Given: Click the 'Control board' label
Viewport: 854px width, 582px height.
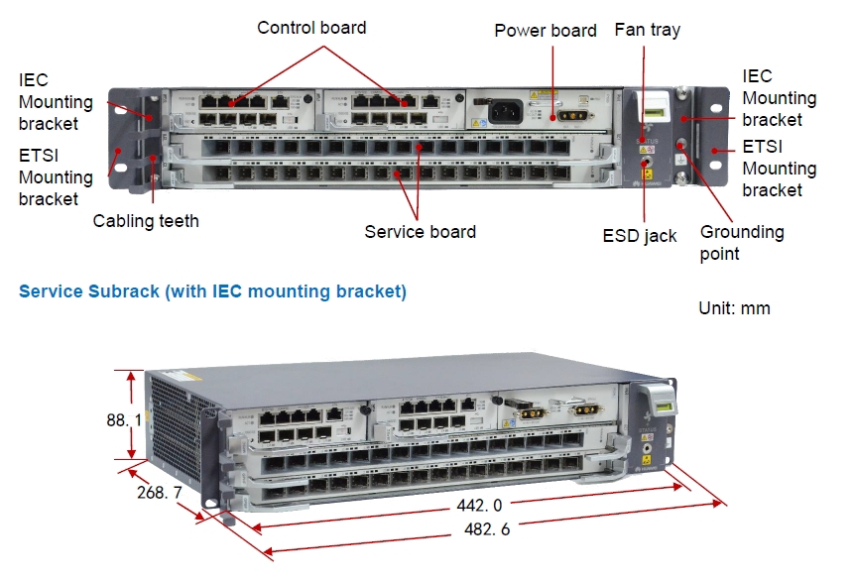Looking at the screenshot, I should [x=311, y=28].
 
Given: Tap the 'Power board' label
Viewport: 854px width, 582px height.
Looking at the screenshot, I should [x=546, y=31].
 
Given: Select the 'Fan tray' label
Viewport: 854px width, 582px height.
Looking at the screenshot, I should [x=648, y=30].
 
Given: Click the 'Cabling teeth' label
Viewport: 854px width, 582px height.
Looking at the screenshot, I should [x=146, y=221].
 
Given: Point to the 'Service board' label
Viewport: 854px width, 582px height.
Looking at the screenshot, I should [x=420, y=232].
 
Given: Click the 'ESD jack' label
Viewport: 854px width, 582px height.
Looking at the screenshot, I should [x=640, y=236].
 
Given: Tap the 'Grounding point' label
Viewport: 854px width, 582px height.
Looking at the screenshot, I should [x=742, y=243].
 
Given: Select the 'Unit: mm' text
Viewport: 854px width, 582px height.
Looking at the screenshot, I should [x=734, y=308].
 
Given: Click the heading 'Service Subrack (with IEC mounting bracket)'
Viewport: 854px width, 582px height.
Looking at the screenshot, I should [x=212, y=291].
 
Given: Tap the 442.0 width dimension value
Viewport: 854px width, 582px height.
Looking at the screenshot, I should [x=479, y=506].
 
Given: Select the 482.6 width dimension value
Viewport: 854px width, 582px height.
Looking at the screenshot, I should [x=486, y=529].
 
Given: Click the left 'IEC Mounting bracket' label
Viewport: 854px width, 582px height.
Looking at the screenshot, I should [x=56, y=101].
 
